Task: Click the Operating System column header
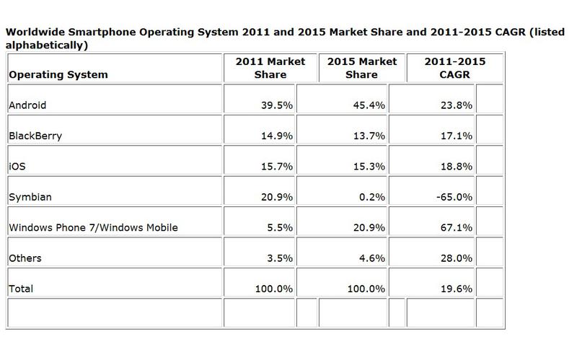pyautogui.click(x=58, y=74)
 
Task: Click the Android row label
pyautogui.click(x=27, y=105)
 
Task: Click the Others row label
pyautogui.click(x=25, y=258)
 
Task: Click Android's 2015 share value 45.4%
pyautogui.click(x=366, y=105)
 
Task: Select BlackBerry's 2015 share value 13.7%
pyautogui.click(x=366, y=135)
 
